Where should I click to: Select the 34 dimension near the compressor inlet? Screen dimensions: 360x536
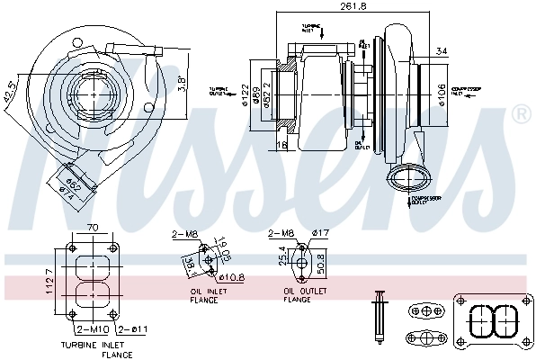click(x=440, y=50)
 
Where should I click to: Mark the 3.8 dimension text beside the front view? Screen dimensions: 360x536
click(x=181, y=84)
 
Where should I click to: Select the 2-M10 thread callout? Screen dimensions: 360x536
click(x=94, y=329)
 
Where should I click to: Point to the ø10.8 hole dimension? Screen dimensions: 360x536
click(x=232, y=277)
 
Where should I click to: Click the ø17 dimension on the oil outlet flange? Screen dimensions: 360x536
click(x=321, y=234)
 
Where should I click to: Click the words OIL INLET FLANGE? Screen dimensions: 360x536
click(x=210, y=295)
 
